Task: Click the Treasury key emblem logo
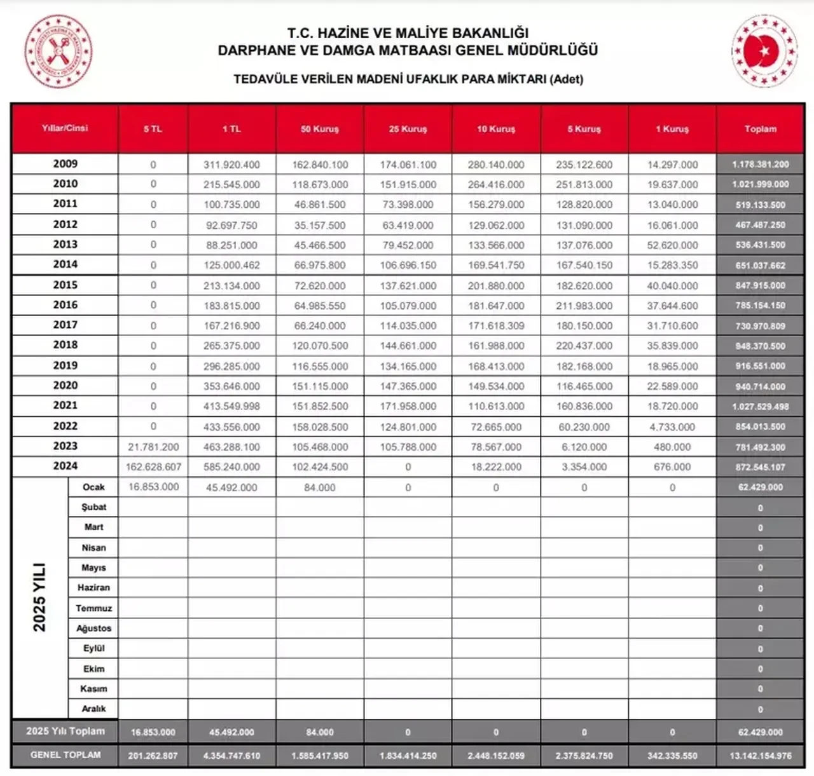58,51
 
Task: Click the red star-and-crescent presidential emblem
764,51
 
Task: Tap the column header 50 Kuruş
320,129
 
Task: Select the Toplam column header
761,129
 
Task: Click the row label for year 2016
65,305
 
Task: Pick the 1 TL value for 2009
231,165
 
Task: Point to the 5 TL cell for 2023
153,447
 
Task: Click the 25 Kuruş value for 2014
408,265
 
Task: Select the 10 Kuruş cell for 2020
496,386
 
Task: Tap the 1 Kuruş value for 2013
672,245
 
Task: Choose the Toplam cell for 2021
761,407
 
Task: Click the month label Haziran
93,588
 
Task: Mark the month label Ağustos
93,629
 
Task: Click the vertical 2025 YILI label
39,597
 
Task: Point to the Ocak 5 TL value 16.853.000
153,487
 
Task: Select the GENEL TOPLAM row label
66,755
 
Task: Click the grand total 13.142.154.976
761,756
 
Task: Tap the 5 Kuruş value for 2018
584,346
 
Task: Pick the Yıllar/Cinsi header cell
65,128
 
